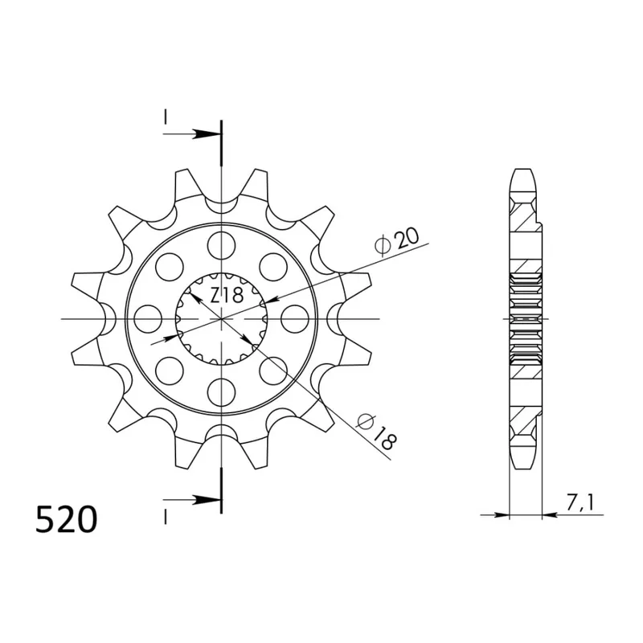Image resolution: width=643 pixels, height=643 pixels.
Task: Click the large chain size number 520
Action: pyautogui.click(x=67, y=518)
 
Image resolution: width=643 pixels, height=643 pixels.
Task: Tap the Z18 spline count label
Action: pyautogui.click(x=227, y=295)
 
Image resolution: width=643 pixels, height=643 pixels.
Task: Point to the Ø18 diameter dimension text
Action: pyautogui.click(x=376, y=432)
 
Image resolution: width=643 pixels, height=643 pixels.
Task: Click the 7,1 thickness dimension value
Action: pyautogui.click(x=580, y=503)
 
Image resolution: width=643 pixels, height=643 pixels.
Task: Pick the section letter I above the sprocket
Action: pyautogui.click(x=165, y=117)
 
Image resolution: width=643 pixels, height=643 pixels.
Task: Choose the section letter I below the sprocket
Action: pyautogui.click(x=165, y=516)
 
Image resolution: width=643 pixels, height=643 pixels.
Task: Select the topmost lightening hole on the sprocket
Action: pyautogui.click(x=222, y=245)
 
